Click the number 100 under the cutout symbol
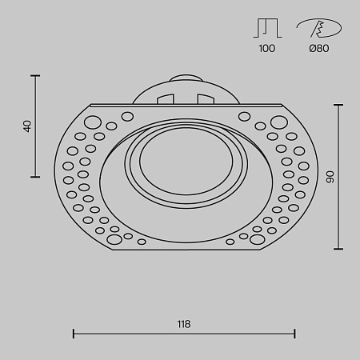pyautogui.click(x=267, y=49)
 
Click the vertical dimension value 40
pyautogui.click(x=27, y=126)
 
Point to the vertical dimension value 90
pyautogui.click(x=330, y=177)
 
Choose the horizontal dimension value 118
pyautogui.click(x=184, y=324)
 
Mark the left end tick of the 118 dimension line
pyautogui.click(x=74, y=333)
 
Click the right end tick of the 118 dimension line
pyautogui.click(x=295, y=333)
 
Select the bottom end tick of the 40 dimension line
pyautogui.click(x=35, y=177)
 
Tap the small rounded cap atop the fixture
pyautogui.click(x=186, y=78)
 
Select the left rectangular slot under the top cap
pyautogui.click(x=166, y=100)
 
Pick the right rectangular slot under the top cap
pyautogui.click(x=206, y=100)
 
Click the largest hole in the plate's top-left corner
pyautogui.click(x=93, y=122)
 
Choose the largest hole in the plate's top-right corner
pyautogui.click(x=278, y=122)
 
